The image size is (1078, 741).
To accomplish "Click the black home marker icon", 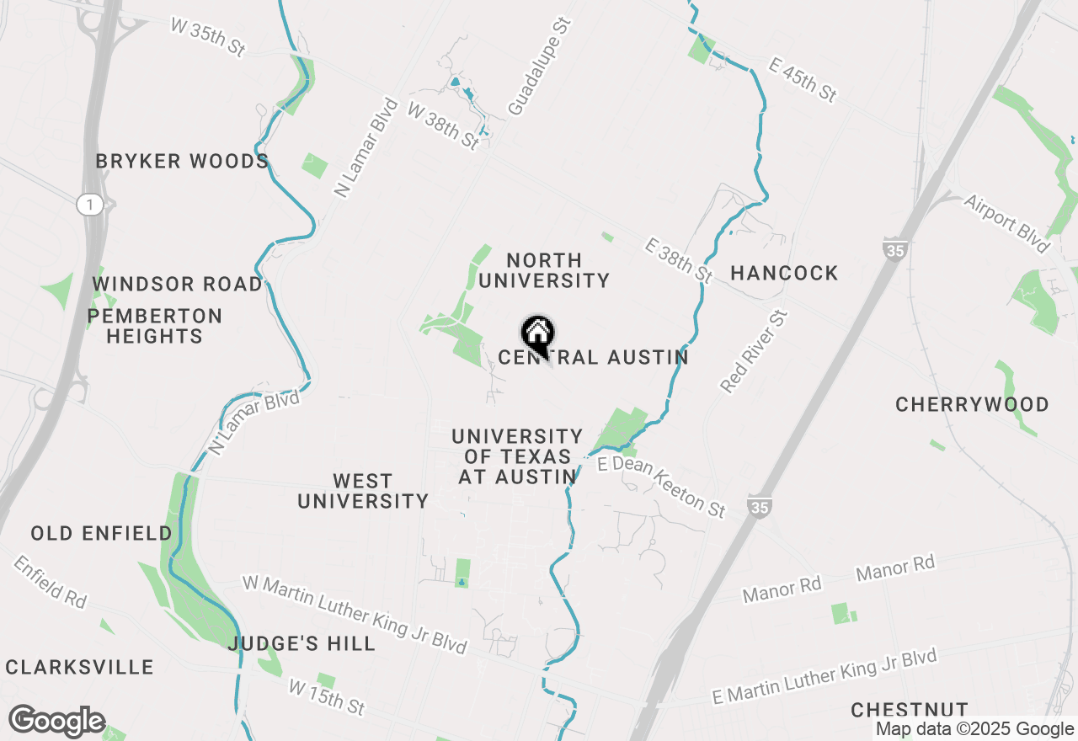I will [x=537, y=333].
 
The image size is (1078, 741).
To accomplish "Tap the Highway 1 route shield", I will [x=88, y=204].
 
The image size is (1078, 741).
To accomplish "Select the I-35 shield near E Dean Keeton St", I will [x=758, y=507].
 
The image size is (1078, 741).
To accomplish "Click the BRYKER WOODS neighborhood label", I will [x=182, y=161].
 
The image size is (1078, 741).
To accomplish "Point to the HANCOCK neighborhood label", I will [x=784, y=273].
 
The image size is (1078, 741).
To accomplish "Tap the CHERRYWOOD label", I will [x=972, y=404].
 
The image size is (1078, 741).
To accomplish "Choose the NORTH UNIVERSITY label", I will [x=543, y=270].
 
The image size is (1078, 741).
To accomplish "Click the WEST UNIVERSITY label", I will [x=363, y=491].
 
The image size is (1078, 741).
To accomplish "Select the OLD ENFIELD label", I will [x=101, y=533].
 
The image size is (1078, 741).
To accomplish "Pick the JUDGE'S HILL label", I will [x=302, y=644].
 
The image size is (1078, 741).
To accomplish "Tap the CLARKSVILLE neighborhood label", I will [x=80, y=668].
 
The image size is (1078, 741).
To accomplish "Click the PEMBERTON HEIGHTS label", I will [x=155, y=326].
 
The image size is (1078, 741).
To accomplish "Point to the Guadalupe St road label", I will [x=539, y=67].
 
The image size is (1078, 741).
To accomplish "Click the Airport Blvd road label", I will [x=1007, y=223].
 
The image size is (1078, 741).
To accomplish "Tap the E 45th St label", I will [x=803, y=79].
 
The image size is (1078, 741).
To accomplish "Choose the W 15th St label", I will [x=327, y=697].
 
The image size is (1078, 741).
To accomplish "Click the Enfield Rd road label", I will [x=50, y=581].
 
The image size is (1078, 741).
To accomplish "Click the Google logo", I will [x=56, y=721].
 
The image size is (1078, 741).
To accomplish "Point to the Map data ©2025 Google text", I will [x=974, y=729].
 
